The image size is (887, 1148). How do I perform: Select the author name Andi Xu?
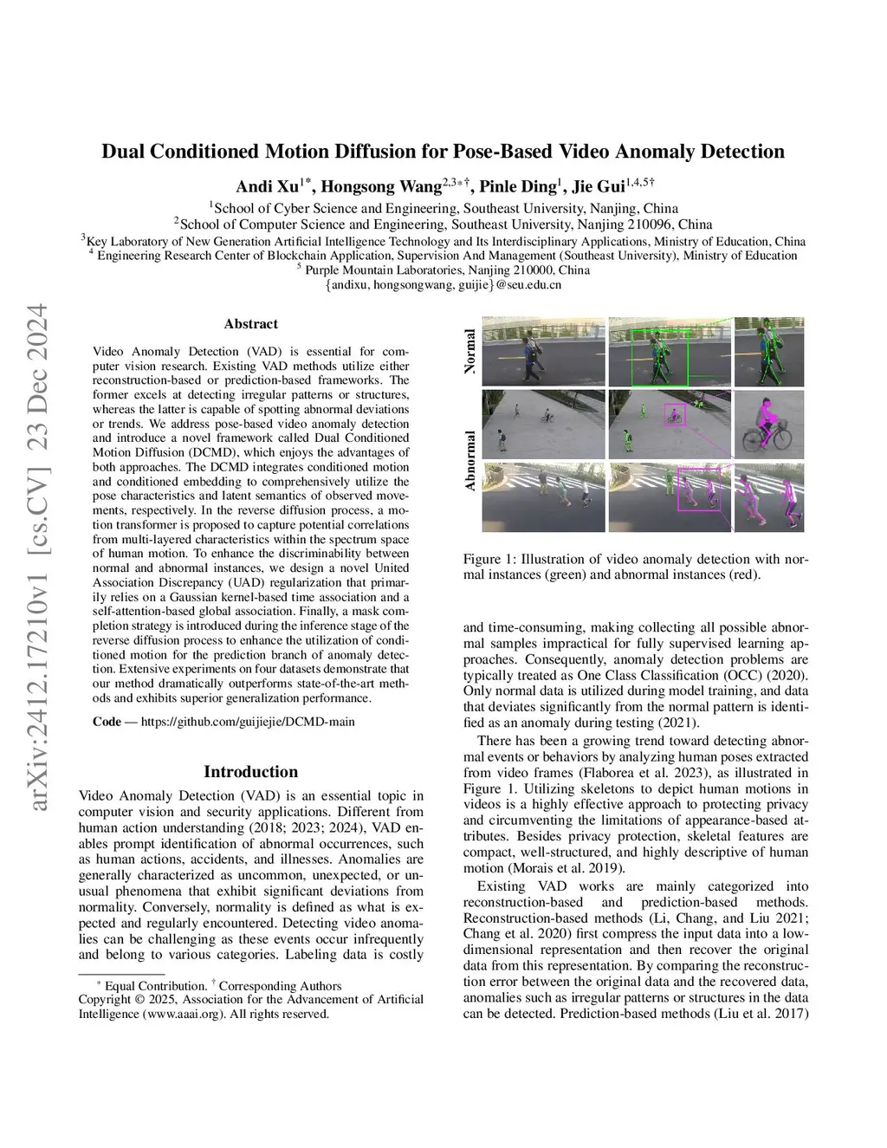point(267,186)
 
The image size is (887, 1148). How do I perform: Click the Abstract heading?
point(250,324)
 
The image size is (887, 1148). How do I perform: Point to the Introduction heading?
point(250,771)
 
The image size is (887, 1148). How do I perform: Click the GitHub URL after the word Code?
point(248,721)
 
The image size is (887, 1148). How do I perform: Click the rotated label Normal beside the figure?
point(470,351)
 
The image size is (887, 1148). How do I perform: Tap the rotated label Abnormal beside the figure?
point(470,460)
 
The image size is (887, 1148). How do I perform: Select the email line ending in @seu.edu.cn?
point(443,284)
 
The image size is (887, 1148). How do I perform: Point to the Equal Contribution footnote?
point(156,985)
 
